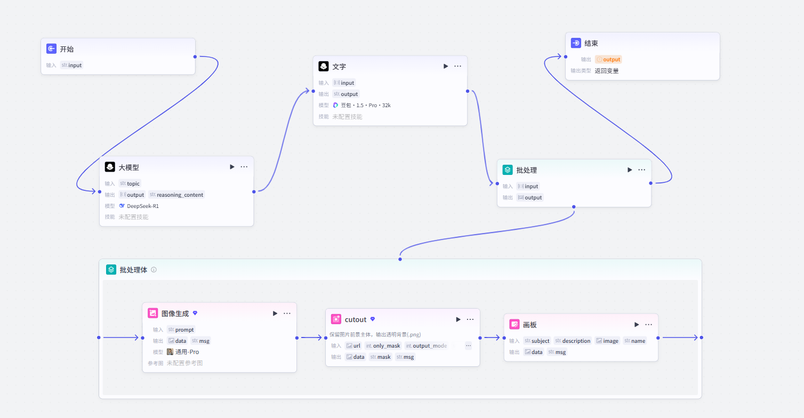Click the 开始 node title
pyautogui.click(x=67, y=49)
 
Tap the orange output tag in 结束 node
pyautogui.click(x=608, y=60)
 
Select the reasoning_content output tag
pyautogui.click(x=176, y=195)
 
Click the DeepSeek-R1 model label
pyautogui.click(x=142, y=206)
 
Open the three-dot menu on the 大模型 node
pyautogui.click(x=244, y=167)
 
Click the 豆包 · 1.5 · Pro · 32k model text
pyautogui.click(x=365, y=105)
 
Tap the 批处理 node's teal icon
pyautogui.click(x=508, y=170)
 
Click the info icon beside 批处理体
pyautogui.click(x=154, y=270)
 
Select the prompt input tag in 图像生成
pyautogui.click(x=181, y=329)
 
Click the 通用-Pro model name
pyautogui.click(x=187, y=352)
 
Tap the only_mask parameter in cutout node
pyautogui.click(x=383, y=346)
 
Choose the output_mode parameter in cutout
pyautogui.click(x=427, y=346)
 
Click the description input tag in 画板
pyautogui.click(x=573, y=341)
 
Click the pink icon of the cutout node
pyautogui.click(x=336, y=319)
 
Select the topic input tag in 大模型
pyautogui.click(x=130, y=184)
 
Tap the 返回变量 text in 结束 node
pyautogui.click(x=607, y=71)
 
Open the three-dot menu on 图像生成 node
pyautogui.click(x=287, y=313)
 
